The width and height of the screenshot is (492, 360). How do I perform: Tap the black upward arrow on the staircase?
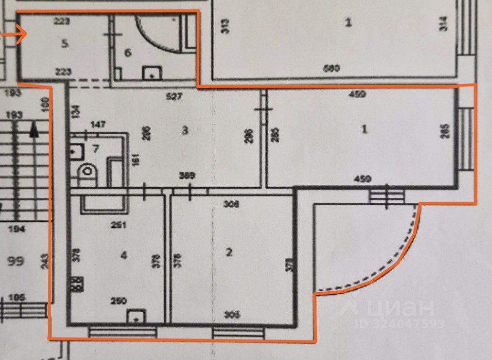pos(33,129)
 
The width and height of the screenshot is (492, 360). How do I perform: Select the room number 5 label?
pos(65,43)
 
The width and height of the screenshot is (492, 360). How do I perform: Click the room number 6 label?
pos(127,53)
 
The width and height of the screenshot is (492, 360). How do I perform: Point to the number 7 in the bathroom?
pos(95,148)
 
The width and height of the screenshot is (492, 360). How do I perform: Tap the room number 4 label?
pos(124,255)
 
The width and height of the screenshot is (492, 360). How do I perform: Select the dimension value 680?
pos(331,68)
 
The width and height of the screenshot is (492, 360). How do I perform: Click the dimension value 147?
pos(97,125)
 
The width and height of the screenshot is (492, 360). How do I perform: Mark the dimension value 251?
pos(117,225)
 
